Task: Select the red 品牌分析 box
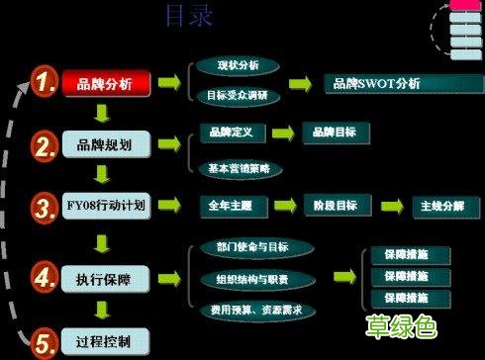107,83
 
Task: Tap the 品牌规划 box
107,146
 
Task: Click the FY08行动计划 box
107,208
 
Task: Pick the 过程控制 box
107,342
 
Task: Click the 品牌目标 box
334,131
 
